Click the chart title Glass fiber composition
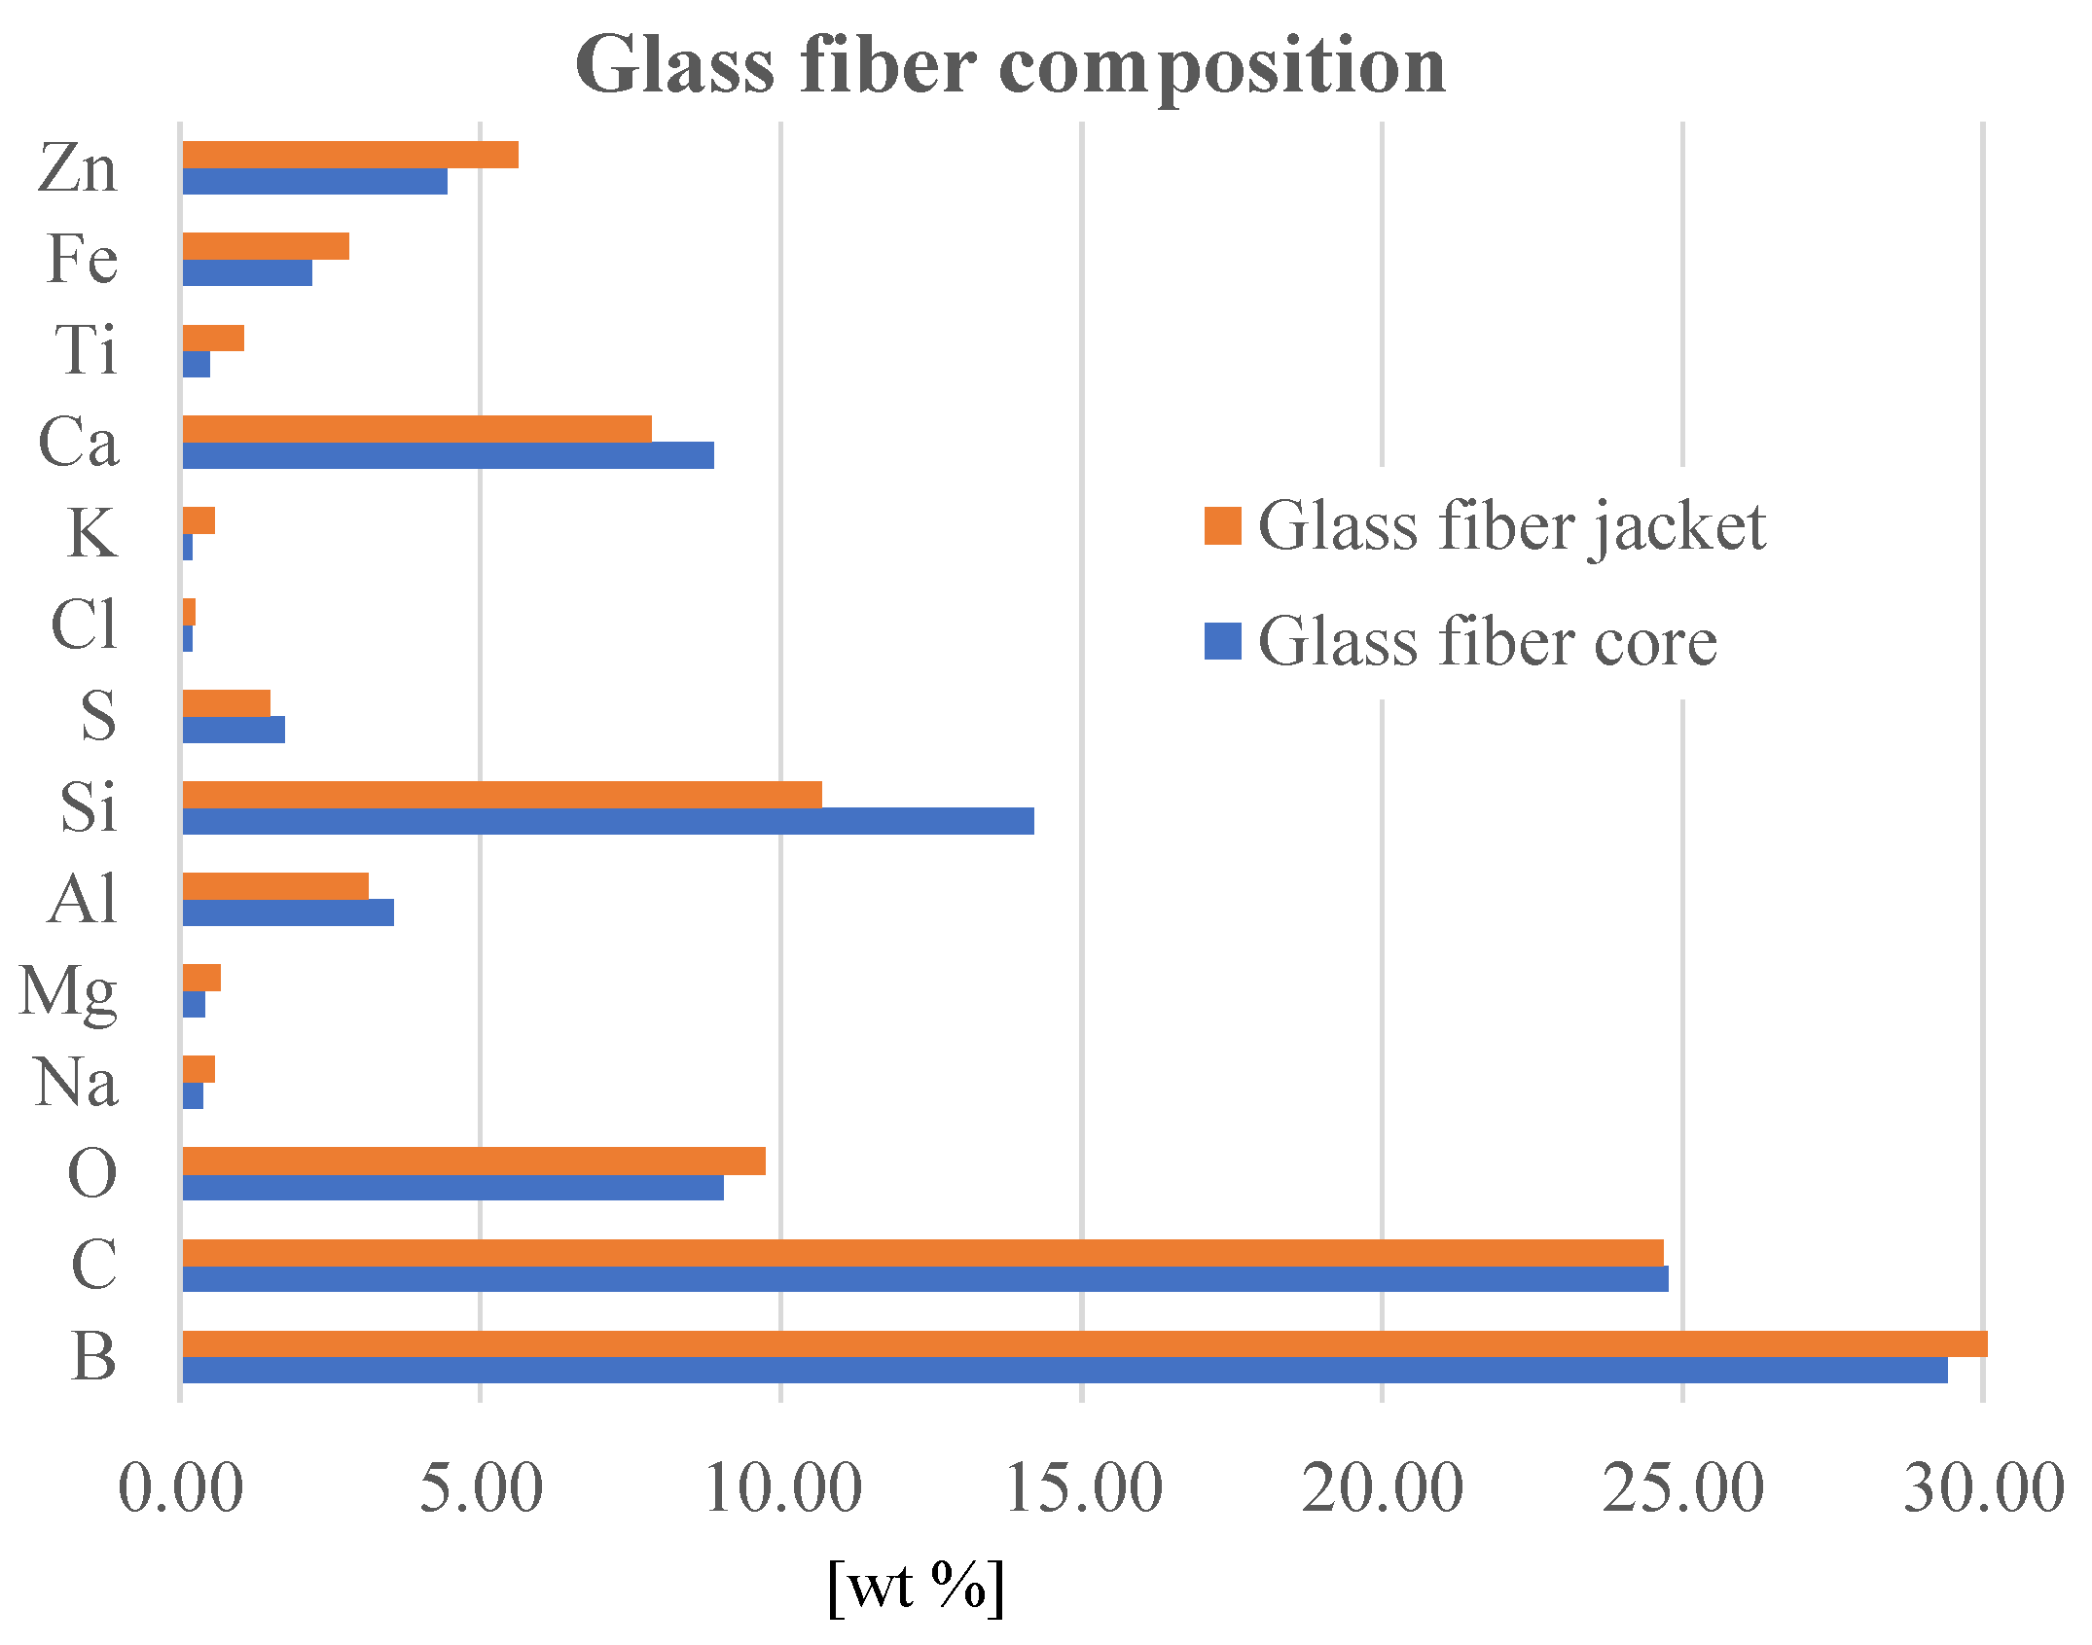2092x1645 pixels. pos(1010,66)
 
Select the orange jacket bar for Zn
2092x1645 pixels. pos(350,155)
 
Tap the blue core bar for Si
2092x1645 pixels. pos(608,822)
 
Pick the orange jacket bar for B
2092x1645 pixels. pos(1084,1343)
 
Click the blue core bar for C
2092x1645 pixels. pos(924,1279)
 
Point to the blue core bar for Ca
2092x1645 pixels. pos(448,455)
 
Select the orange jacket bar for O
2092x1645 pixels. pos(474,1161)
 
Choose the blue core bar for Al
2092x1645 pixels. pos(288,912)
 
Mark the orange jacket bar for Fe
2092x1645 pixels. pos(266,246)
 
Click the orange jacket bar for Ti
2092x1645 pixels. pos(213,338)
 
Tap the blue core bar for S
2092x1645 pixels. pos(234,730)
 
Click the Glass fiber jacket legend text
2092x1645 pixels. pos(1511,526)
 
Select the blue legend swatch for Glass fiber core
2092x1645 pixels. pos(1222,641)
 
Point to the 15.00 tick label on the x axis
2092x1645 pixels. pos(1083,1487)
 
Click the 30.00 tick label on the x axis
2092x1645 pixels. pos(1983,1487)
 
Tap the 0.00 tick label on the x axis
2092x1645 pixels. pos(181,1487)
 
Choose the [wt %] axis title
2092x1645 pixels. pos(916,1587)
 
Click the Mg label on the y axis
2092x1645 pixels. pos(69,992)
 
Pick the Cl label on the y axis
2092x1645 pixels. pos(84,625)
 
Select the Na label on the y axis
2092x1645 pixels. pos(76,1083)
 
